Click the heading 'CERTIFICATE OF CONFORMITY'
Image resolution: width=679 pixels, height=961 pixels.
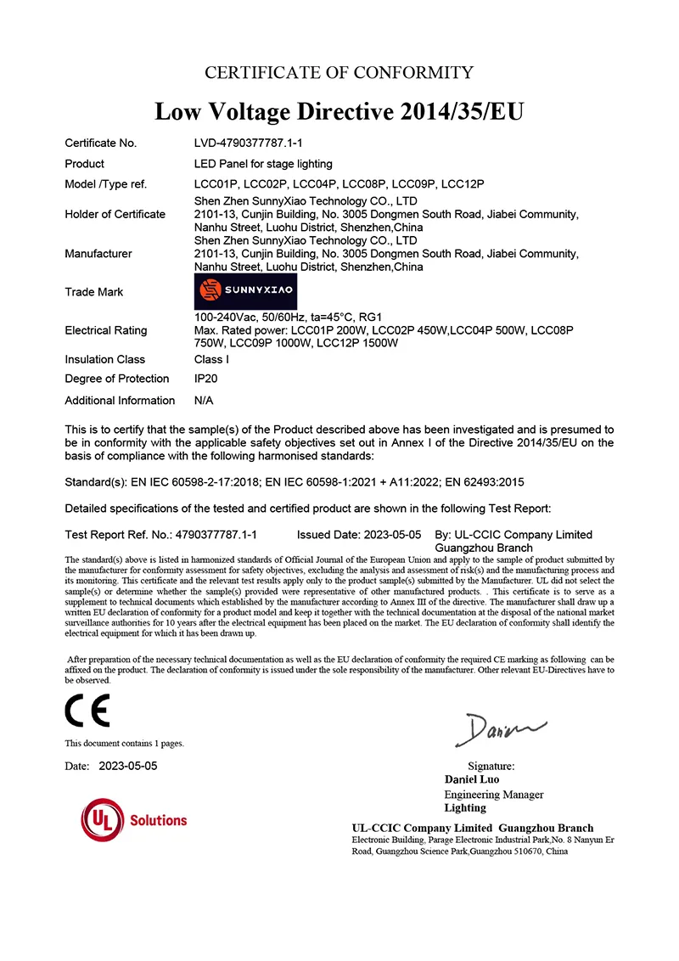(339, 72)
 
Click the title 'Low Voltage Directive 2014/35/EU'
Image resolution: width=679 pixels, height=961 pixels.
(339, 111)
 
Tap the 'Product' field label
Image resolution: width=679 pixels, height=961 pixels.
(84, 164)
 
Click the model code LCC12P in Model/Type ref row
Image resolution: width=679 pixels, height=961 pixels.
(463, 184)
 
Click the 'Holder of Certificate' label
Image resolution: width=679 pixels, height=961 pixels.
(115, 214)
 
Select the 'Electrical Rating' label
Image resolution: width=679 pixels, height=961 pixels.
(105, 330)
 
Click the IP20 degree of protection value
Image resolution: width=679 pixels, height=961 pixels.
(206, 379)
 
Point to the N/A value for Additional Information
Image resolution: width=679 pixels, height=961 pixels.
(204, 400)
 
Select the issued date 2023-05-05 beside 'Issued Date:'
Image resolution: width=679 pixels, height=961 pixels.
(393, 535)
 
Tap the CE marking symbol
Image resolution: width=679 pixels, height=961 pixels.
(87, 711)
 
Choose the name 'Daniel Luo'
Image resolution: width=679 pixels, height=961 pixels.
(472, 779)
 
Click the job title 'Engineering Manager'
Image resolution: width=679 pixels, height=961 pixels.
(494, 795)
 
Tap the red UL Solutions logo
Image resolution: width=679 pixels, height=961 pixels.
(134, 820)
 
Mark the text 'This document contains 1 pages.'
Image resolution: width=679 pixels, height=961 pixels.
(124, 744)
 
